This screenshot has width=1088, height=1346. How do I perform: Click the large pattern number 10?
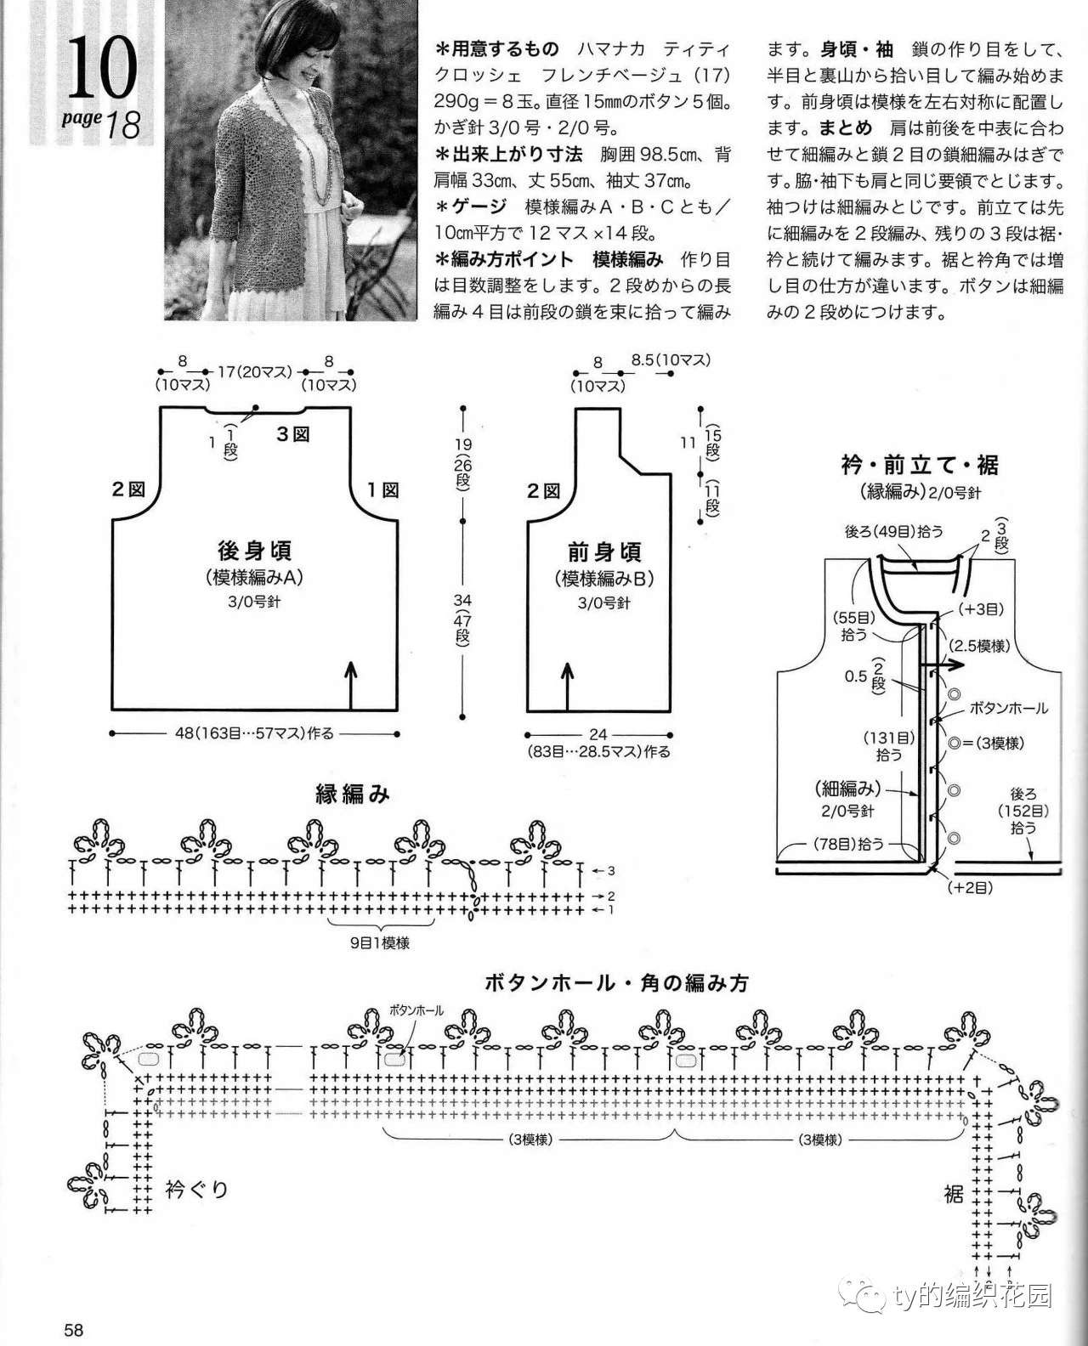coord(102,67)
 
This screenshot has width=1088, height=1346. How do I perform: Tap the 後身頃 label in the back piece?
coord(254,551)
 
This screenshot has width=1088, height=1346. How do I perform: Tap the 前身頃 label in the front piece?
coord(603,552)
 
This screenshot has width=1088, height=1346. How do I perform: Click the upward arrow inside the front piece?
coord(567,686)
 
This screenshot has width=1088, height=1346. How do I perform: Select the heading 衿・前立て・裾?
coord(919,466)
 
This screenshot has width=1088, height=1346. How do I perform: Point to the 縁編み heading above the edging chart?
coord(352,795)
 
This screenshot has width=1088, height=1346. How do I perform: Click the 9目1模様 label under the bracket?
coord(380,943)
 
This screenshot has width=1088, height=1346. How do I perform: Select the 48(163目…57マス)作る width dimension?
coord(254,733)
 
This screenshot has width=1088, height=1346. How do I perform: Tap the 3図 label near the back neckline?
coord(292,434)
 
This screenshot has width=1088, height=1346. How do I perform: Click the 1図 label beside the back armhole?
coord(383,489)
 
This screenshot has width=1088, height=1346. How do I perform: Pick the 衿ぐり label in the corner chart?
coord(196,1190)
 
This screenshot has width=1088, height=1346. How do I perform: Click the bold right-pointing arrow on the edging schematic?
coord(941,665)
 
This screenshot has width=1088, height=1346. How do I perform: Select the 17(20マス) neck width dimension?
coord(255,371)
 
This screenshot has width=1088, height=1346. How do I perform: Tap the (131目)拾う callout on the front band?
coord(889,746)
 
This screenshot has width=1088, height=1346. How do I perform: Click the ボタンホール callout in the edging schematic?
coord(1008,709)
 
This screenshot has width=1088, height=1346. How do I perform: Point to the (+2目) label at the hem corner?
coord(970,888)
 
